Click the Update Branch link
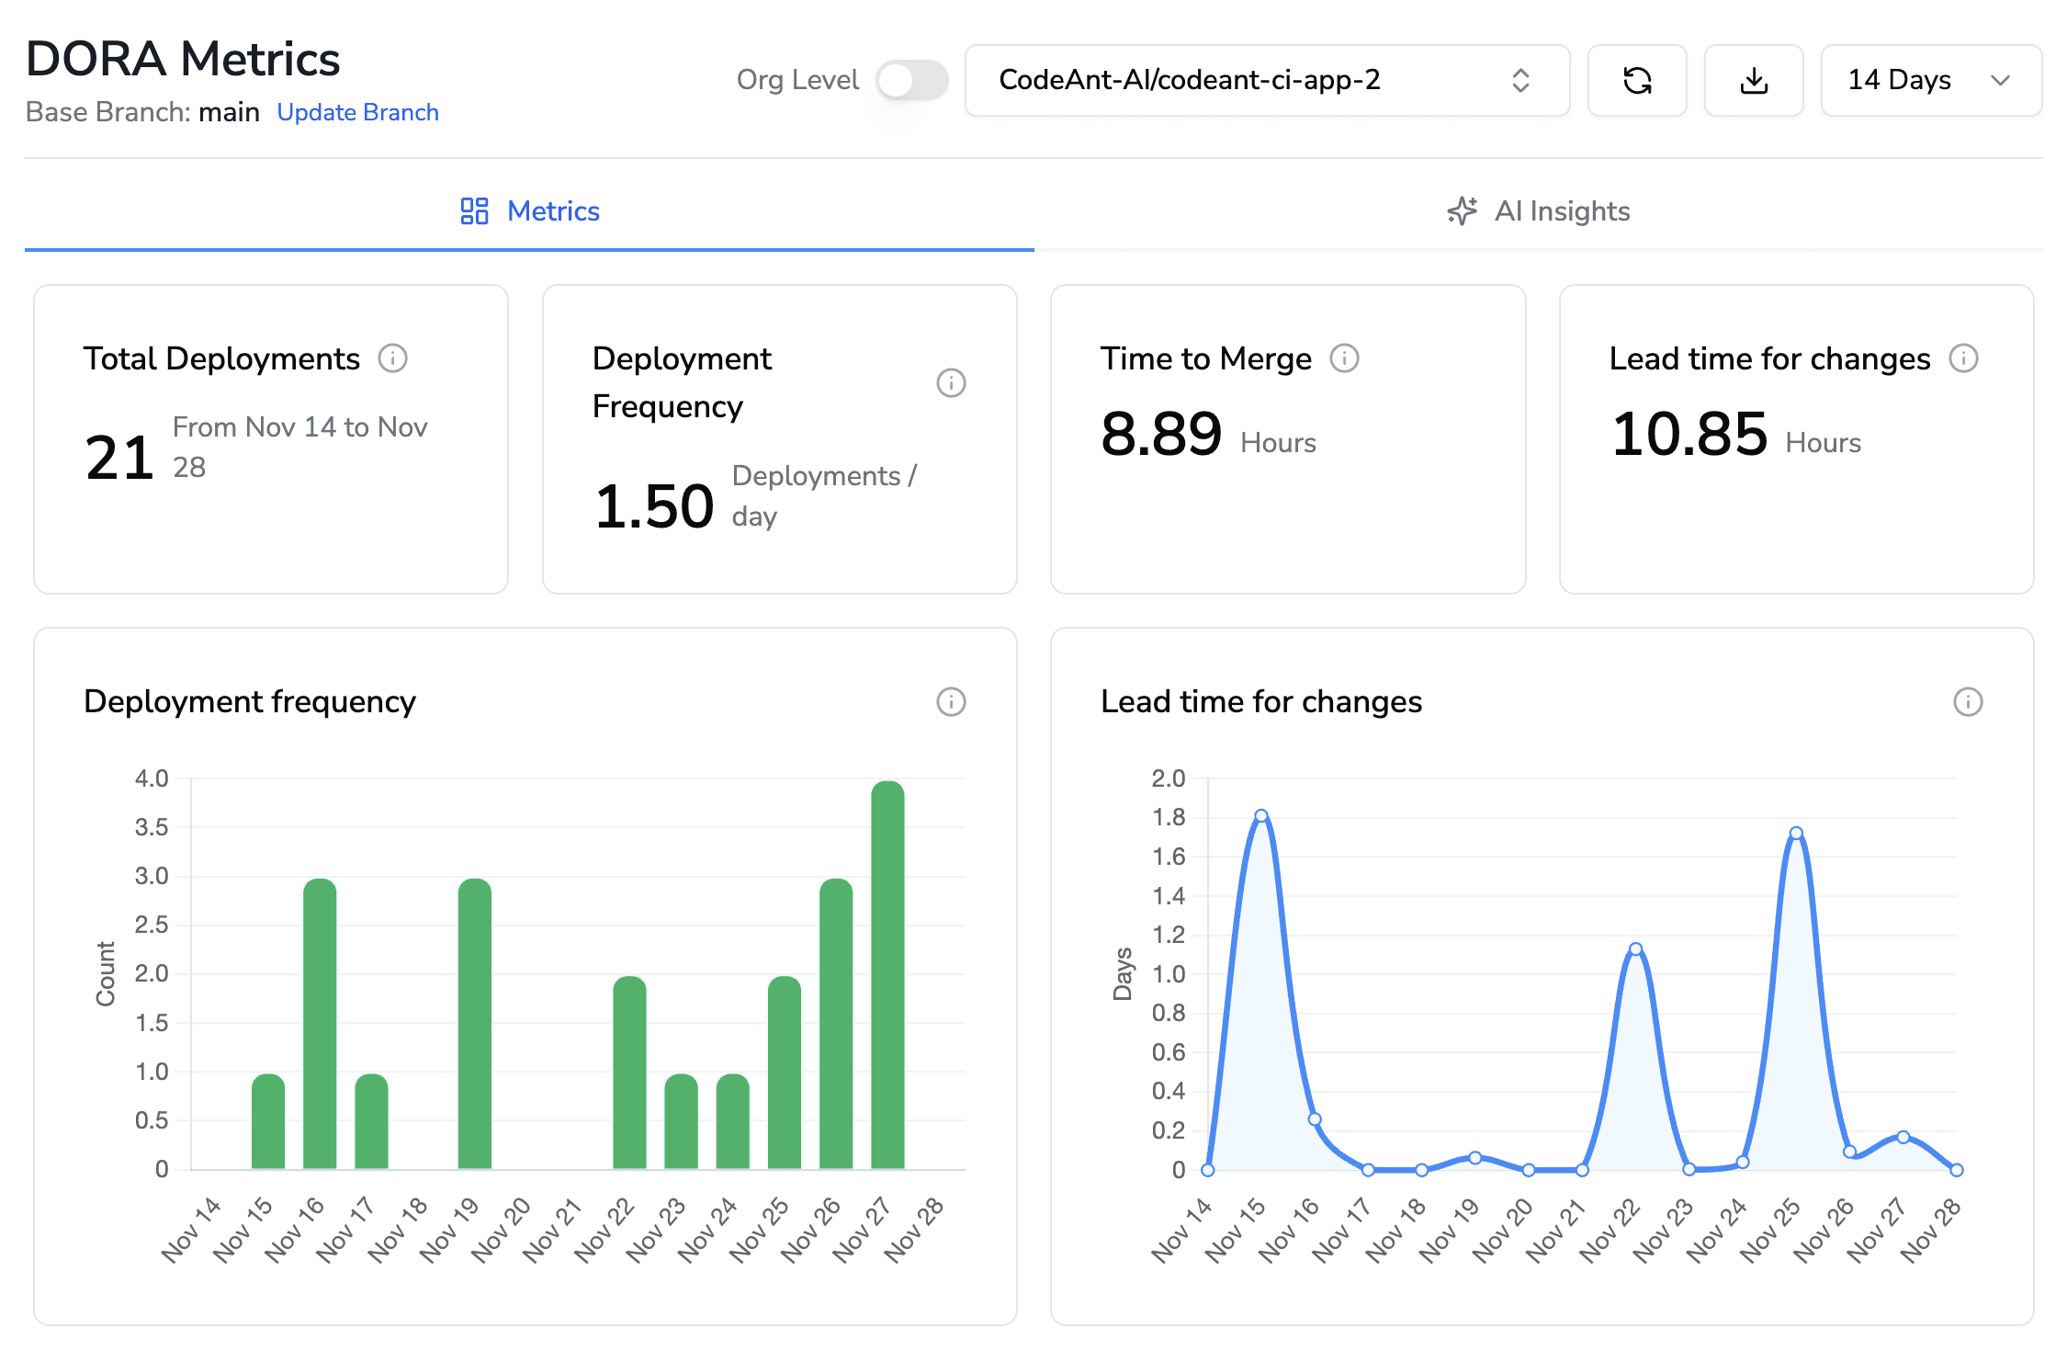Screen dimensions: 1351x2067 [357, 112]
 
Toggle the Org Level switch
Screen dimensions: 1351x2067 [911, 81]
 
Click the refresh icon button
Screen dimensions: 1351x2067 [1636, 81]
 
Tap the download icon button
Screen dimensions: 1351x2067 [1753, 81]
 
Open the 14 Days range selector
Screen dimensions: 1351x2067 [1930, 81]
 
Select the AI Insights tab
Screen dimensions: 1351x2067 [1539, 211]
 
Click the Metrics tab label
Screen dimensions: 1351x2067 [553, 211]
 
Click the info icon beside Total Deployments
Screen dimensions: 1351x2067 [392, 358]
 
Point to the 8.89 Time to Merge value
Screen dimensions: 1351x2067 [1161, 434]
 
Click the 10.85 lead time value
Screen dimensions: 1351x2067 [1689, 434]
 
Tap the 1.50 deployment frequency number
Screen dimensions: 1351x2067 [653, 506]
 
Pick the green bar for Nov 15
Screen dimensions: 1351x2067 [268, 1121]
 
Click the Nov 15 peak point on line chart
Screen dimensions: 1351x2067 [1261, 815]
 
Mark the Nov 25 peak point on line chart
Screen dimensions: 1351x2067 [1796, 834]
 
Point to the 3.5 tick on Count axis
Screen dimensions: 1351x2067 [152, 827]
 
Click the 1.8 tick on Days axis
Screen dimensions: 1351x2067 [1168, 817]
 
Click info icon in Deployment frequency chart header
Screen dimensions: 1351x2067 [951, 702]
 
